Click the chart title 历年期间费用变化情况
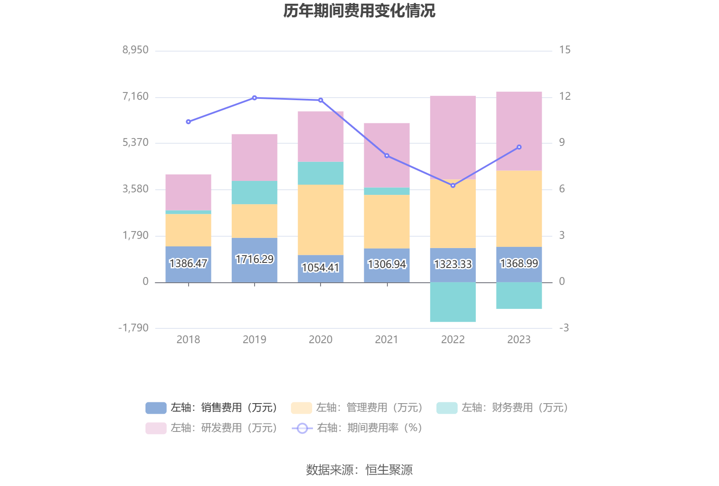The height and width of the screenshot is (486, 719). pyautogui.click(x=359, y=11)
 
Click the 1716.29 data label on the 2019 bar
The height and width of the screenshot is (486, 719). pyautogui.click(x=255, y=259)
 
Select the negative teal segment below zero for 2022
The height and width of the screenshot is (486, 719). pyautogui.click(x=453, y=302)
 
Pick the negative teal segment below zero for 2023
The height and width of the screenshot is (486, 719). pyautogui.click(x=519, y=295)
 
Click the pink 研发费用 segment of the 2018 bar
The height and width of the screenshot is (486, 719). pyautogui.click(x=188, y=192)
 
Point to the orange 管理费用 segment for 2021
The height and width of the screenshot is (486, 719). pyautogui.click(x=387, y=221)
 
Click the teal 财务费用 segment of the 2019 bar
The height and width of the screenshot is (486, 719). pyautogui.click(x=255, y=192)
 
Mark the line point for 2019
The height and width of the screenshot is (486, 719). pyautogui.click(x=255, y=98)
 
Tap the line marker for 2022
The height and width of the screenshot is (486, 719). pyautogui.click(x=453, y=186)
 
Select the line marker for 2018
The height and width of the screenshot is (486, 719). pyautogui.click(x=188, y=122)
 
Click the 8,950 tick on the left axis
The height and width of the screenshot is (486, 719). pyautogui.click(x=135, y=50)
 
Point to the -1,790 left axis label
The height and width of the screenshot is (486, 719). pyautogui.click(x=133, y=328)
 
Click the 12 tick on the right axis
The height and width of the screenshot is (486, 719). pyautogui.click(x=565, y=96)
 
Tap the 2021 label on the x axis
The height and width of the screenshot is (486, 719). pyautogui.click(x=387, y=339)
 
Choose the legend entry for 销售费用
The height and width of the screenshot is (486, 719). pyautogui.click(x=211, y=408)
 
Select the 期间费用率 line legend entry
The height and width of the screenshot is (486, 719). pyautogui.click(x=357, y=428)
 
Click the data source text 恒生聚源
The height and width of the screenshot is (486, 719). pyautogui.click(x=389, y=470)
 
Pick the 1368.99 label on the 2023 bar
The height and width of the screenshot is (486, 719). pyautogui.click(x=519, y=263)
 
